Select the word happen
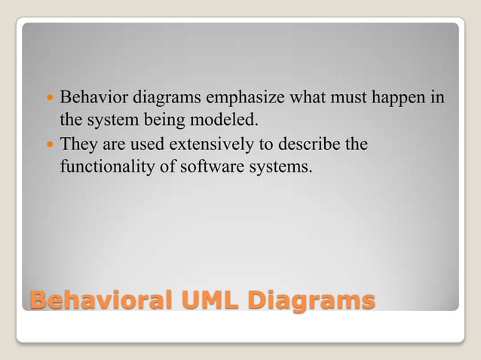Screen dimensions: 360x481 [x=397, y=98]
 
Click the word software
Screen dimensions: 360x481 [x=207, y=166]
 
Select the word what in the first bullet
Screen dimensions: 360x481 [x=305, y=98]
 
